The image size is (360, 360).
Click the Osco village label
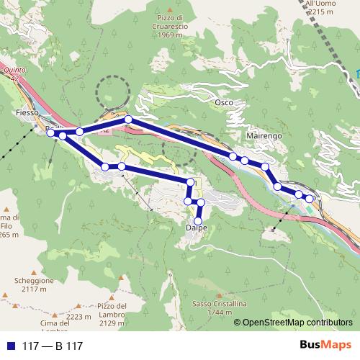click(x=224, y=103)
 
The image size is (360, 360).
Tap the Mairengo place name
click(x=264, y=135)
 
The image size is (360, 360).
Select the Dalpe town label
click(x=197, y=228)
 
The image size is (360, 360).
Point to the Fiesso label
click(x=27, y=113)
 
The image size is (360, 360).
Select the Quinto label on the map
click(x=14, y=71)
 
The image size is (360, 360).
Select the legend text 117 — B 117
click(x=53, y=346)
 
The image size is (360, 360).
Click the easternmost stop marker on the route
click(x=310, y=198)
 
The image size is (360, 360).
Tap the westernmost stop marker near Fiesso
click(x=50, y=132)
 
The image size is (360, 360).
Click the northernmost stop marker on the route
click(x=128, y=119)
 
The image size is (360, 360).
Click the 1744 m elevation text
click(x=216, y=312)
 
